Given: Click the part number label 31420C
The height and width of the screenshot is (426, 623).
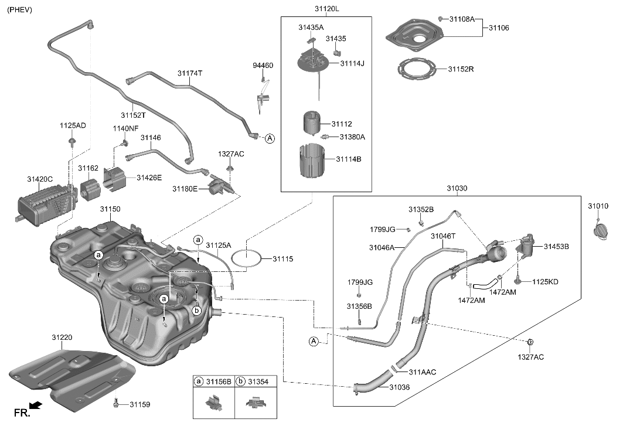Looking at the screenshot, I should (40, 179).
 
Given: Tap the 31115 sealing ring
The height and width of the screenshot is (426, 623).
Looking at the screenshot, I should (246, 258).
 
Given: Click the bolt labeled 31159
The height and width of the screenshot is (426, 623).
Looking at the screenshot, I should (117, 403).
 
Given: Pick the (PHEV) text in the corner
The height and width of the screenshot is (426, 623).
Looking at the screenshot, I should (19, 10).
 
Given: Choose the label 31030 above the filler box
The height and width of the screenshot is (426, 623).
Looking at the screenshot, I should (457, 188).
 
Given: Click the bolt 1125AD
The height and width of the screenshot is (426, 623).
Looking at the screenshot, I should (72, 141).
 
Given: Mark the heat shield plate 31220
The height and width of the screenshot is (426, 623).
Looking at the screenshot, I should (73, 373).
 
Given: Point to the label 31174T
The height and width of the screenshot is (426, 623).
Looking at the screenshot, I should (189, 73).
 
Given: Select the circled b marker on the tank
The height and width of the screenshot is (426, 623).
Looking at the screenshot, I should (197, 310).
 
